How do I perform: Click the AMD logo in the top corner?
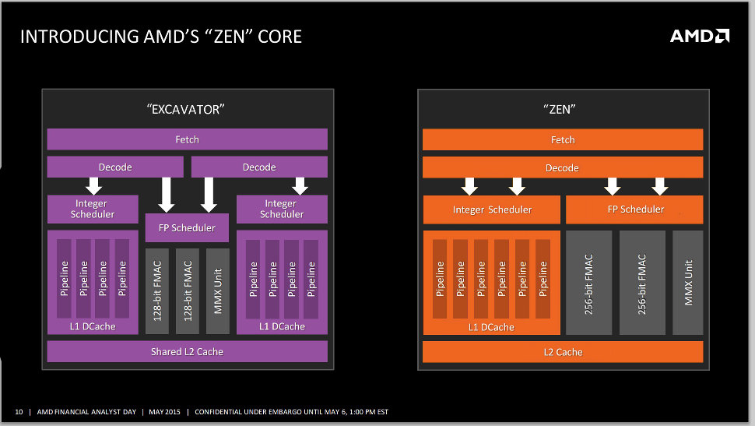tap(700, 36)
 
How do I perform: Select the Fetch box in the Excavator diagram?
tap(187, 139)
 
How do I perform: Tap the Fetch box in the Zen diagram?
tap(563, 140)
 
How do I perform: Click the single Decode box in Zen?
tap(563, 167)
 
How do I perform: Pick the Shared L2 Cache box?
tap(187, 352)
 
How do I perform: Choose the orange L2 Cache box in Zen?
tap(563, 352)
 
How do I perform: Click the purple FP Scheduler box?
tap(187, 228)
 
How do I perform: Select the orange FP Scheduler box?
tap(634, 209)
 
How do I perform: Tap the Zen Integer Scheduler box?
tap(492, 209)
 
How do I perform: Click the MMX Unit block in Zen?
tap(688, 283)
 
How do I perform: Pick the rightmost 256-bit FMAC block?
tap(642, 283)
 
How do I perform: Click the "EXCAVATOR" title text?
tap(186, 110)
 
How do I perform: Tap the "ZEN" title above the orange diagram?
tap(562, 110)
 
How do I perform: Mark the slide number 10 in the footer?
tap(19, 411)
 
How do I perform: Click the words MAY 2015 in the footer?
tap(164, 411)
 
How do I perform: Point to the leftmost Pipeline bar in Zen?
tap(441, 279)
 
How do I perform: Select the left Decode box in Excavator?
tap(115, 167)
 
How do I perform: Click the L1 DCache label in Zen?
tap(492, 327)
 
